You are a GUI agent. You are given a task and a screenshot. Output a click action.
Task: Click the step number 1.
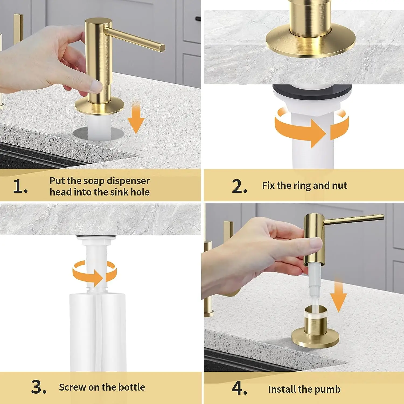(20, 186)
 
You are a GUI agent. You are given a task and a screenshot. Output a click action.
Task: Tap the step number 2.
(239, 186)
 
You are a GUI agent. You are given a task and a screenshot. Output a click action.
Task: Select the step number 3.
(39, 387)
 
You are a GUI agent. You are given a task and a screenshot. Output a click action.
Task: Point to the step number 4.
(239, 388)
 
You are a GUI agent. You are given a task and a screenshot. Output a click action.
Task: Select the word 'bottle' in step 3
(132, 387)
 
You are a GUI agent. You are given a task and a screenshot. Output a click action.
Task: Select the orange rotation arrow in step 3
(95, 273)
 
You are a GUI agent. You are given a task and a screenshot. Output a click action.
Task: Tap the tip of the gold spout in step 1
(162, 48)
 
